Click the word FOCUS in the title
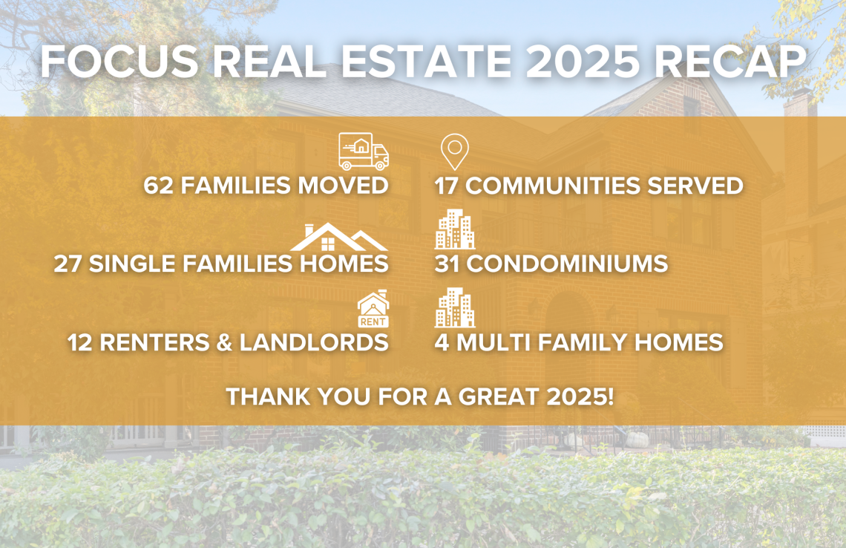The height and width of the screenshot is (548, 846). click(119, 61)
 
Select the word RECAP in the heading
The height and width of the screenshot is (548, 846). click(730, 61)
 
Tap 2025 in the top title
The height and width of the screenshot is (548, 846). click(583, 61)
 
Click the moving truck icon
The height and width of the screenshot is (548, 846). click(364, 151)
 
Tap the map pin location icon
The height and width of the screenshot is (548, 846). click(455, 151)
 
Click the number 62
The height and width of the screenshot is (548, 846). click(159, 186)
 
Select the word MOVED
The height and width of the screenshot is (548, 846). click(343, 186)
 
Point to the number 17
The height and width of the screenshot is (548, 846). click(446, 186)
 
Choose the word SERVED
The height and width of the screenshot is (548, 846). click(695, 186)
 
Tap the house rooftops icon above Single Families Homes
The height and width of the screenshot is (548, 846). click(339, 238)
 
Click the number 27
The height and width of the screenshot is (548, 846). click(68, 264)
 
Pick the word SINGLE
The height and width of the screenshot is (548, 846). click(132, 264)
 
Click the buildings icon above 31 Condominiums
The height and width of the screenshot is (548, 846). click(455, 229)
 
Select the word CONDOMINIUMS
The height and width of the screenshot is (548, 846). click(567, 264)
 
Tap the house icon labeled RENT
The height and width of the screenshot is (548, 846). click(373, 309)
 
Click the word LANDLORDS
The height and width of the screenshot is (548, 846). click(314, 343)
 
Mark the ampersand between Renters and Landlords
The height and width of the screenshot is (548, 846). click(224, 343)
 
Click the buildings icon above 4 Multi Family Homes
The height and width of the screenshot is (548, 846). click(455, 307)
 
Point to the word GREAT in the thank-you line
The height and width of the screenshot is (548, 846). click(499, 397)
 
